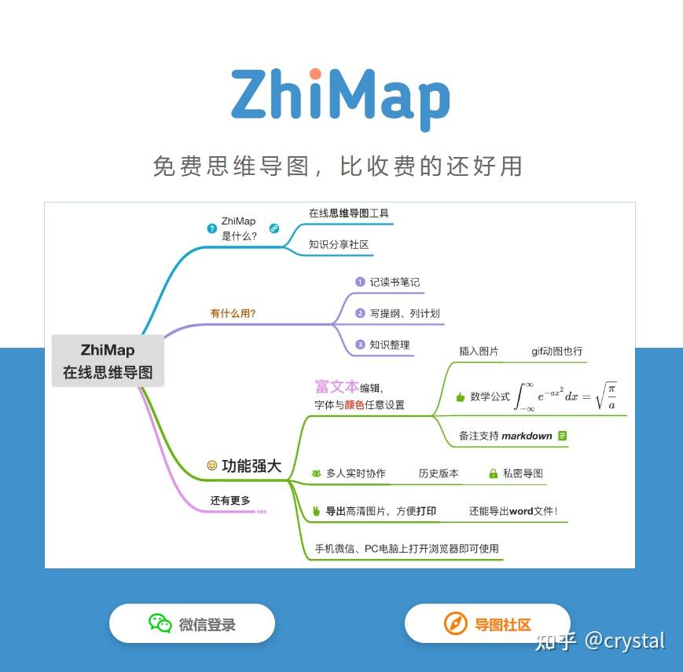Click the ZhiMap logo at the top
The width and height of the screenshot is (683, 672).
tap(340, 97)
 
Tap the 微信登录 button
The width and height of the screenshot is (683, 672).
tap(192, 624)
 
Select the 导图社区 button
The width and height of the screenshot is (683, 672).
tap(487, 624)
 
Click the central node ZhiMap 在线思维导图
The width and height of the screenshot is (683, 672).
tap(108, 361)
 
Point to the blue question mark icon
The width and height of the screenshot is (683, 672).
tap(211, 228)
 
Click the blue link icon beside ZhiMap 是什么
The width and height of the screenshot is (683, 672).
tap(274, 228)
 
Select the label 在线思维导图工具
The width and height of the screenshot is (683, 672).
tap(348, 213)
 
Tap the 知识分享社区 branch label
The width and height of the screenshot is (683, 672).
tap(339, 244)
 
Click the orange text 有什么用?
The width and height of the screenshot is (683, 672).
tap(233, 313)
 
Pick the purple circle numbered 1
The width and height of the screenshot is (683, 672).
tap(360, 282)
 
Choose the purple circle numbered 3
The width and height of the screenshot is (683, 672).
tap(360, 345)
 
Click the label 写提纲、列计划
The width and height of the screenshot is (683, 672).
tap(405, 313)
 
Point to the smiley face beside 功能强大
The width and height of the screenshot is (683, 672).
tap(211, 466)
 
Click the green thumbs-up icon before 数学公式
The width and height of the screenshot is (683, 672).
tap(460, 397)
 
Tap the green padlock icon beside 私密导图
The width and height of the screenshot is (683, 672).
tap(493, 473)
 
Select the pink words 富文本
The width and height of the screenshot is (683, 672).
tap(336, 386)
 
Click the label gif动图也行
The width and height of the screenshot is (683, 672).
tap(556, 351)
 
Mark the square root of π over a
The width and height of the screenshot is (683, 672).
tap(606, 396)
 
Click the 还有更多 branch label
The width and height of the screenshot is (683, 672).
tap(230, 500)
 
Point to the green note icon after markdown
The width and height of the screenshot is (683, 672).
tap(562, 436)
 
